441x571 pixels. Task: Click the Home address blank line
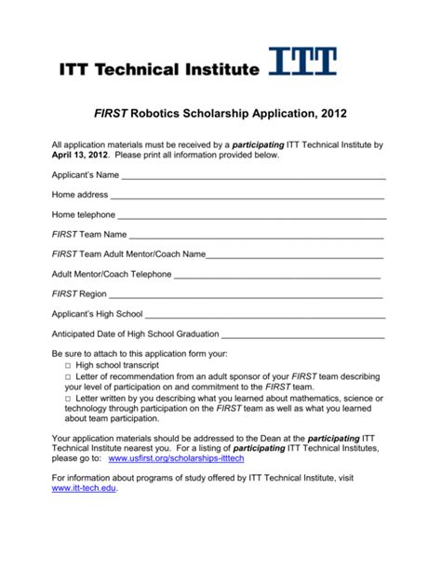pyautogui.click(x=247, y=196)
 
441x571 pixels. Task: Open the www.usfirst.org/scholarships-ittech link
pyautogui.click(x=178, y=459)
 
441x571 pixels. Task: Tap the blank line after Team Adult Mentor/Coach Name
pyautogui.click(x=294, y=254)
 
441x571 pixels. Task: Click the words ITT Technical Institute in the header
pyautogui.click(x=157, y=69)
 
